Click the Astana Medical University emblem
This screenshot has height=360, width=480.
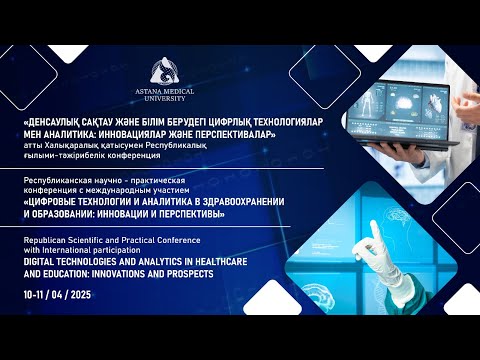coord(165,71)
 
